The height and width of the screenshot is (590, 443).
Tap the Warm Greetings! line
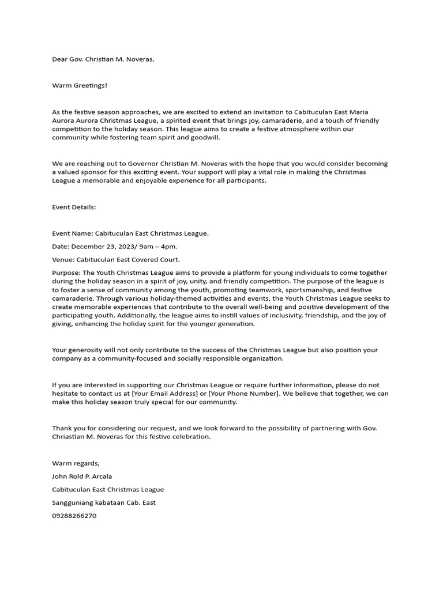[80, 85]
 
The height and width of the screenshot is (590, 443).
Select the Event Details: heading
[74, 206]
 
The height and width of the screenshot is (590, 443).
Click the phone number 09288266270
[74, 516]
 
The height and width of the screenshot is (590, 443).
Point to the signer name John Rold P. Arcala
[82, 476]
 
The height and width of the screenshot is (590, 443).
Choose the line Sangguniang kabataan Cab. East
[104, 502]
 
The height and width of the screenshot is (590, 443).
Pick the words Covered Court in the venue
[155, 259]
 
